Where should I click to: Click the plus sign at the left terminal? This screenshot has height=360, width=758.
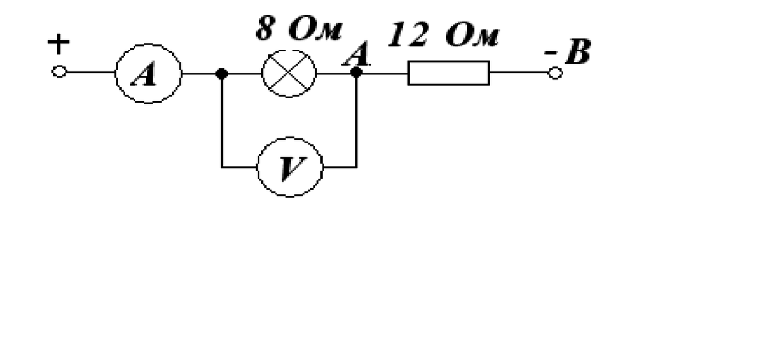[x=59, y=44]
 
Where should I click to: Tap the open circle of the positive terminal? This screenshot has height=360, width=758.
[x=58, y=73]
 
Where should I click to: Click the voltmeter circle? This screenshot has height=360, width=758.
[x=289, y=167]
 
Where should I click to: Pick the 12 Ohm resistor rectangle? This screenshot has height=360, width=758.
[x=448, y=73]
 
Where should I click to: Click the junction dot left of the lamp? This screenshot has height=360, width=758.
[x=221, y=73]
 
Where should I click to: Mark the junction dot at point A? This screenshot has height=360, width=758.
[x=356, y=73]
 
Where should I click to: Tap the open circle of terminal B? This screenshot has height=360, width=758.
[x=555, y=73]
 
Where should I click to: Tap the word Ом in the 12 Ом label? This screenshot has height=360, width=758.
[x=471, y=36]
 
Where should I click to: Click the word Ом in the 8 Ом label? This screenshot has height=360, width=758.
[x=318, y=30]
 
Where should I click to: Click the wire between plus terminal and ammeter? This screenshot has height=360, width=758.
[x=88, y=73]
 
